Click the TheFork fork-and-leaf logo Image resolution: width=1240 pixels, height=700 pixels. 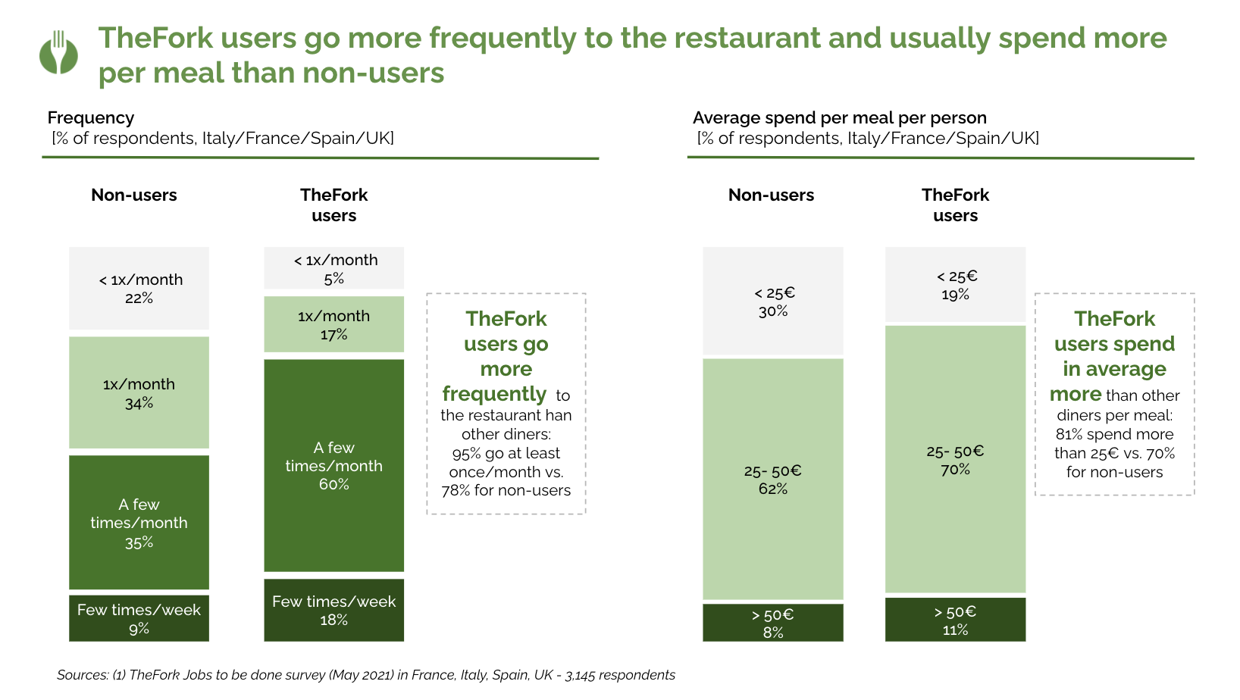click(58, 53)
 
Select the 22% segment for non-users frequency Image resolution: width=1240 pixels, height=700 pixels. click(139, 289)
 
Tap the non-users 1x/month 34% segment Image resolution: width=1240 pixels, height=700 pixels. click(139, 392)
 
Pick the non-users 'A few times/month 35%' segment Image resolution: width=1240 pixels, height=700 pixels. click(139, 523)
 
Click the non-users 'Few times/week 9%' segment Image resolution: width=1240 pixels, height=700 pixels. click(139, 619)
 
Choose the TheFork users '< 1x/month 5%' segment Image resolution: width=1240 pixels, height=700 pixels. click(333, 269)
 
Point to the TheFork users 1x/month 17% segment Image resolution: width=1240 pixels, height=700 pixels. click(333, 325)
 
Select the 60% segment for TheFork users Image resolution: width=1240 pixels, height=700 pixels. click(333, 465)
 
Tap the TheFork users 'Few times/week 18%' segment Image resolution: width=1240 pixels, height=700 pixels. click(333, 611)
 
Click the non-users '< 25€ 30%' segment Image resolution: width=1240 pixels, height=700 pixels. click(772, 302)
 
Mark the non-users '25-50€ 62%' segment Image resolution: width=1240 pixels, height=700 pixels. click(772, 479)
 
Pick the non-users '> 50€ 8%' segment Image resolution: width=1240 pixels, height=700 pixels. click(772, 623)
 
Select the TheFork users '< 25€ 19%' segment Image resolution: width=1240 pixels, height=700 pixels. click(955, 286)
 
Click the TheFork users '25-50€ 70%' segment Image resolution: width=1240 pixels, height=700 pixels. click(955, 459)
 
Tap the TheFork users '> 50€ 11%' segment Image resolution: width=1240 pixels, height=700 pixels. click(955, 620)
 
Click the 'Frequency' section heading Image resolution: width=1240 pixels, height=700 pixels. click(91, 118)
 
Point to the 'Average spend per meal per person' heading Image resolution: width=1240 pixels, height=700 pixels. click(839, 118)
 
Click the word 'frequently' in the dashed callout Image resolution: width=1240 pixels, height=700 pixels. click(494, 394)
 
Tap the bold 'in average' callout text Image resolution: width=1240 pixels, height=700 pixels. click(1114, 370)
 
